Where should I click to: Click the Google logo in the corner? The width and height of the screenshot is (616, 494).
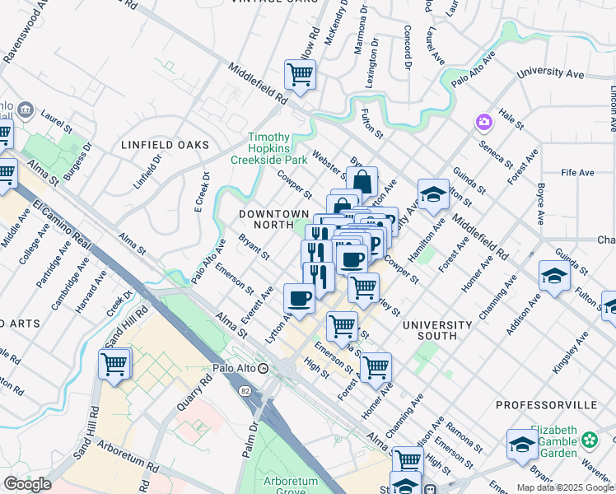click(27, 484)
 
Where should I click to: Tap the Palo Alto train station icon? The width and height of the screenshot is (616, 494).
click(263, 368)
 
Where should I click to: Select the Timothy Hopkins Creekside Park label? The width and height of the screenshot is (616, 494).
click(268, 148)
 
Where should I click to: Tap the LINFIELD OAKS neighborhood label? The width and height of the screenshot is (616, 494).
click(166, 145)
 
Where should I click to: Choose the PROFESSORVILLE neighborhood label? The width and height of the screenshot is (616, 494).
click(545, 406)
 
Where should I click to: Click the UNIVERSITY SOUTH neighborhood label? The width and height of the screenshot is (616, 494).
click(437, 331)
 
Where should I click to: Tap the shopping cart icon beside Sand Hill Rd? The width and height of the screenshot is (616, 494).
click(114, 364)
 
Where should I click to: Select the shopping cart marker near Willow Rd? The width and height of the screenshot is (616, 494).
click(300, 75)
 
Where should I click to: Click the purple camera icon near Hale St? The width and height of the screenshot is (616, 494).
click(483, 123)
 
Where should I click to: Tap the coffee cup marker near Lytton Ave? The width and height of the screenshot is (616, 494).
click(298, 298)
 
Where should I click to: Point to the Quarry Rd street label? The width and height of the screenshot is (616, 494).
click(195, 406)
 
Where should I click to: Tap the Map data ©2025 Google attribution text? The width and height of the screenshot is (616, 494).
click(565, 487)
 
